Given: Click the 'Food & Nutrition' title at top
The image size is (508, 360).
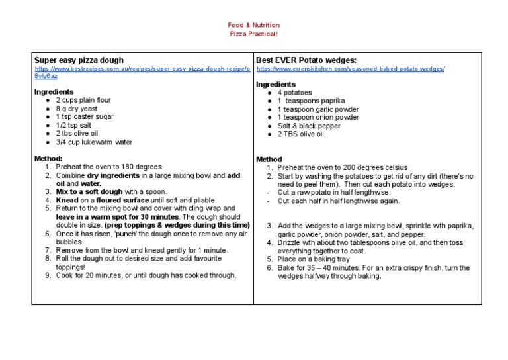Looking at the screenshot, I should coord(254,24).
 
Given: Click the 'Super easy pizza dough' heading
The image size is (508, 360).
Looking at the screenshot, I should coord(79,60).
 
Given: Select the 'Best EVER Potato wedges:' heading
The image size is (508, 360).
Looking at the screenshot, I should coord(301,60).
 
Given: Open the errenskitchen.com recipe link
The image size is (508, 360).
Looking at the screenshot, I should coord(351,69).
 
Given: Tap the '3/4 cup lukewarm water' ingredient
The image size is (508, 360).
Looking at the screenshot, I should coord(94,142).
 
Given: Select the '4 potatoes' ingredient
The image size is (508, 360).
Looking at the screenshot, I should coord(294,93).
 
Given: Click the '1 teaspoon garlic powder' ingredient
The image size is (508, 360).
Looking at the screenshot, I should coord(318,109).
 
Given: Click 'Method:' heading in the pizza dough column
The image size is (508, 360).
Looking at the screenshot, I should coord(48,159).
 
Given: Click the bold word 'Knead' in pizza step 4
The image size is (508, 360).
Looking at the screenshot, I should coord(67,200).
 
